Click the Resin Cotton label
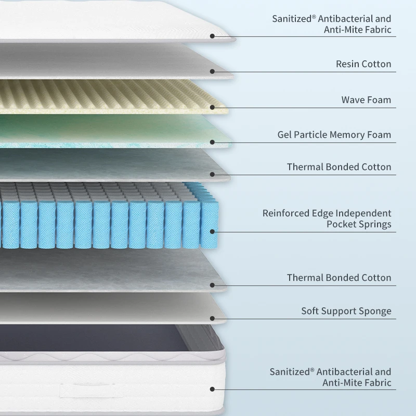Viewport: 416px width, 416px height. tap(363, 64)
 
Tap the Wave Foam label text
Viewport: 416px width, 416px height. tap(366, 100)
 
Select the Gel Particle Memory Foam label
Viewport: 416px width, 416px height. tap(334, 135)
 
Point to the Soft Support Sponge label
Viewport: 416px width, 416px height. tap(346, 311)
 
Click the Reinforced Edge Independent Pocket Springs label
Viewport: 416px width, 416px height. tap(327, 219)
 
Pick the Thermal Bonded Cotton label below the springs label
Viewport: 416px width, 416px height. tap(339, 278)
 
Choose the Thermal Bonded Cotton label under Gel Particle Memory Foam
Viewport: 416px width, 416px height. tap(339, 167)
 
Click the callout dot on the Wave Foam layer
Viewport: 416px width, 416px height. tap(212, 108)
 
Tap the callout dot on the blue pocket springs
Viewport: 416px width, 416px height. tap(212, 232)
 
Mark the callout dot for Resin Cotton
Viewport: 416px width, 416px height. tap(212, 72)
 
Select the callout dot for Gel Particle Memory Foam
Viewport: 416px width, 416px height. tap(212, 142)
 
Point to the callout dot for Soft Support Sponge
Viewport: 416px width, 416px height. tap(212, 318)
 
